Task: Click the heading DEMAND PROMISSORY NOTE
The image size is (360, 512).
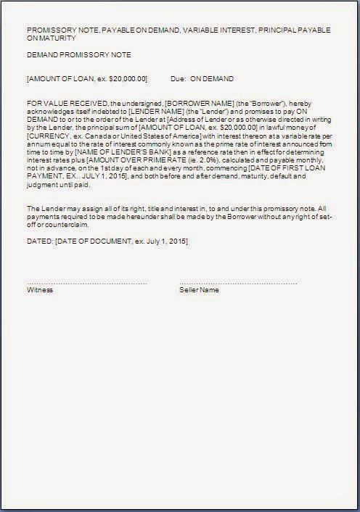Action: point(68,55)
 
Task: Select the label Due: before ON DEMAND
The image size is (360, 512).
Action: point(178,78)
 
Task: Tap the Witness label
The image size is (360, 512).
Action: point(40,289)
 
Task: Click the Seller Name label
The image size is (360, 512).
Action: point(199,289)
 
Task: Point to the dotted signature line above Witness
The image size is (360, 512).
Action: point(87,282)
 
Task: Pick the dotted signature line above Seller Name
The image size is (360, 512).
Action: point(238,282)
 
